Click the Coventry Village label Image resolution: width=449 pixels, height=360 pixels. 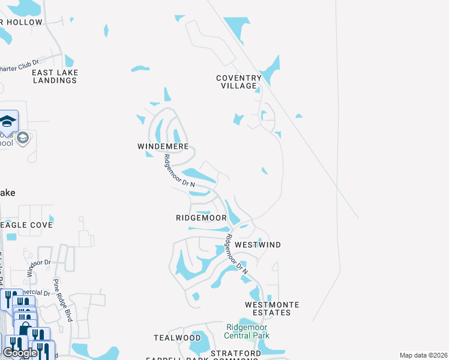[239, 82]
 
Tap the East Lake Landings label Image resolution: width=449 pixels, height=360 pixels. [55, 76]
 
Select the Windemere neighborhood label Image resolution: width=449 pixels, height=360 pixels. [163, 146]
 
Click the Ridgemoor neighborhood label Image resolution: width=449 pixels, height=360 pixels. [201, 218]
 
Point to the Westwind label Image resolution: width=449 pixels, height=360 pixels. [258, 245]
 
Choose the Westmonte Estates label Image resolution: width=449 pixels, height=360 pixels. [272, 308]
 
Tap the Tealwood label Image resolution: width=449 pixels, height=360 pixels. [177, 338]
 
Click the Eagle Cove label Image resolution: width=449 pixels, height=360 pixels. [26, 224]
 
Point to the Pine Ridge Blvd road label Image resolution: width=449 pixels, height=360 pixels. [62, 300]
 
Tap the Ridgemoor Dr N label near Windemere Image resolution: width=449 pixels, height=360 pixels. [179, 171]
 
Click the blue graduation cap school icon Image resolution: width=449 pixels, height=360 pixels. [8, 122]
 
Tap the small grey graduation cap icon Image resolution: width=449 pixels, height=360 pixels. [23, 139]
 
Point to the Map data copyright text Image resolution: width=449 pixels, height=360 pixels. [423, 355]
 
